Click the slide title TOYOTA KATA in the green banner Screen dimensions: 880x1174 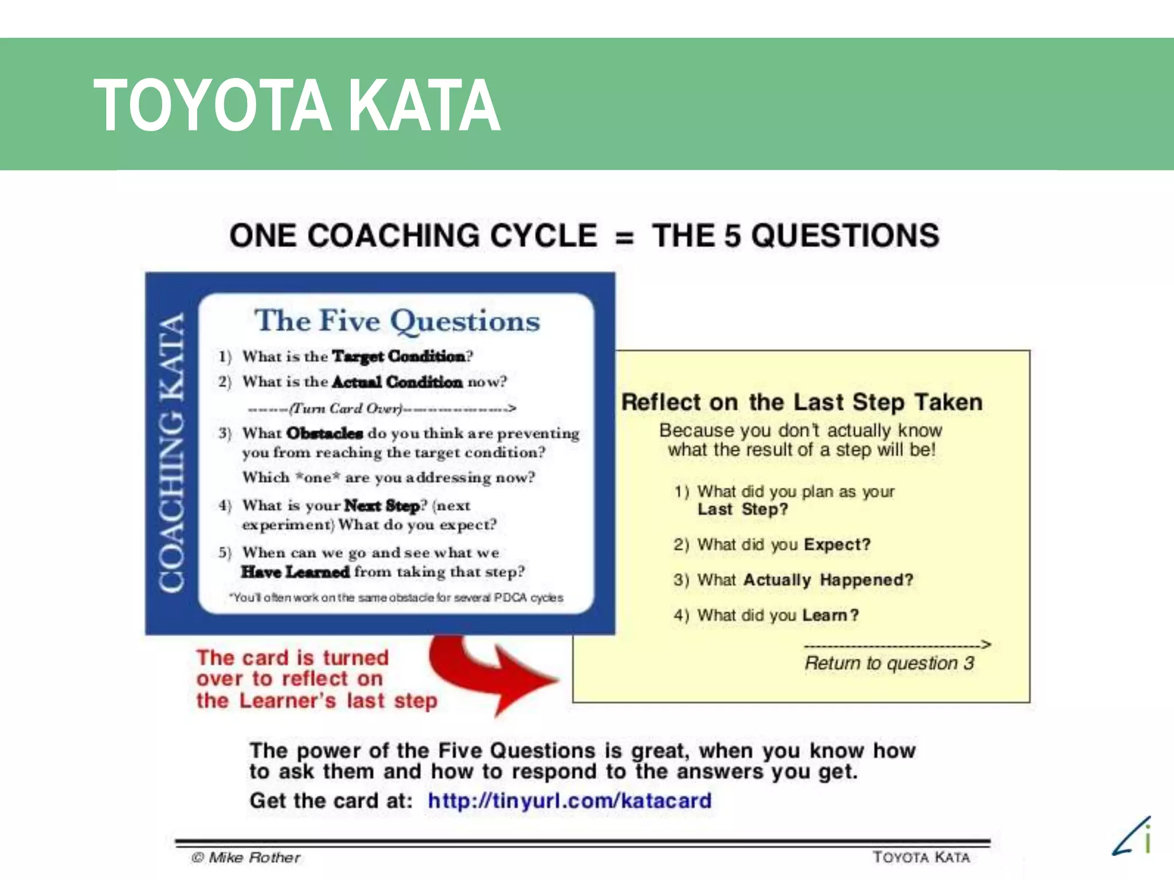click(297, 105)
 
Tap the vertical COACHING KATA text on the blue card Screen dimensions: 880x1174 click(172, 453)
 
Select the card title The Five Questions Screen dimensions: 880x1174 click(397, 321)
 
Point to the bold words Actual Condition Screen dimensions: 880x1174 click(397, 382)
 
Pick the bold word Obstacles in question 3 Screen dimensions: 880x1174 click(324, 433)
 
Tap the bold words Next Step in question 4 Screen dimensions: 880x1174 click(382, 506)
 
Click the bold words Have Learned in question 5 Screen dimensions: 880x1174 click(295, 572)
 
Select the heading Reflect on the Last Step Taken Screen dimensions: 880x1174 click(802, 402)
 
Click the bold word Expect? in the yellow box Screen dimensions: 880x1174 click(837, 544)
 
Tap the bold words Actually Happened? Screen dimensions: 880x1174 click(828, 580)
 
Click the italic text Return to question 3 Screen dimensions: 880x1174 click(889, 663)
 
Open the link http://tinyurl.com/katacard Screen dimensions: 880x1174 click(570, 800)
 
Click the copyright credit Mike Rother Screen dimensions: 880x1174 click(246, 858)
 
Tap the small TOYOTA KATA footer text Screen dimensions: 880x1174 click(921, 857)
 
